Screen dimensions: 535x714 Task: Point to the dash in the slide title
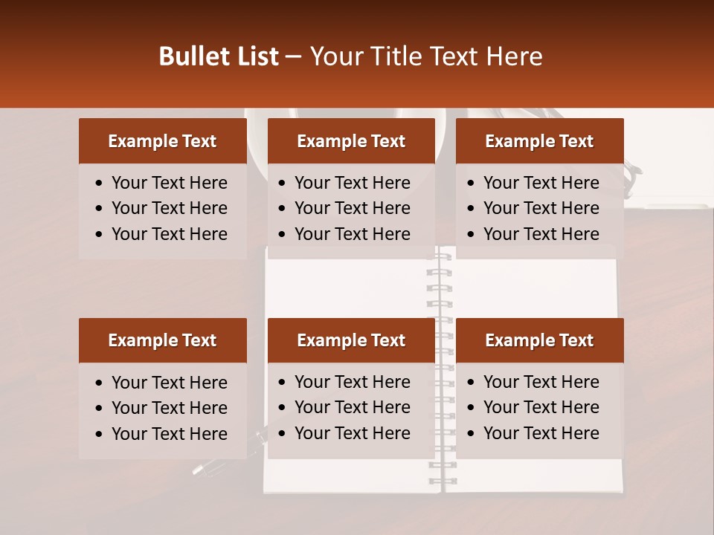pos(294,57)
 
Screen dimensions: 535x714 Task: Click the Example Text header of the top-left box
pos(162,141)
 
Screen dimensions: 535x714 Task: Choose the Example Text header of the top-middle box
pos(351,141)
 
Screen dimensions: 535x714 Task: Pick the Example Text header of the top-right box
pos(539,141)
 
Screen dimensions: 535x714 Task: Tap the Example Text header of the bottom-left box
pos(162,340)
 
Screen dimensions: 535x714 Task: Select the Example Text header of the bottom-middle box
pos(351,340)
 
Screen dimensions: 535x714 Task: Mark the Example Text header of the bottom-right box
pos(539,340)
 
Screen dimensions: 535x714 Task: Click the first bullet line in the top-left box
pos(169,183)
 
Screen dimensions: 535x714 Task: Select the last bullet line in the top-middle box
pos(352,233)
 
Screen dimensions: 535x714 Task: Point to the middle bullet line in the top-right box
pos(541,208)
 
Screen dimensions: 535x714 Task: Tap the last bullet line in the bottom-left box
pos(169,434)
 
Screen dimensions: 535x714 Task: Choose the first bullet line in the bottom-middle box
pos(352,382)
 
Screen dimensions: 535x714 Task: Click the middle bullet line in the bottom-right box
pos(541,407)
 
